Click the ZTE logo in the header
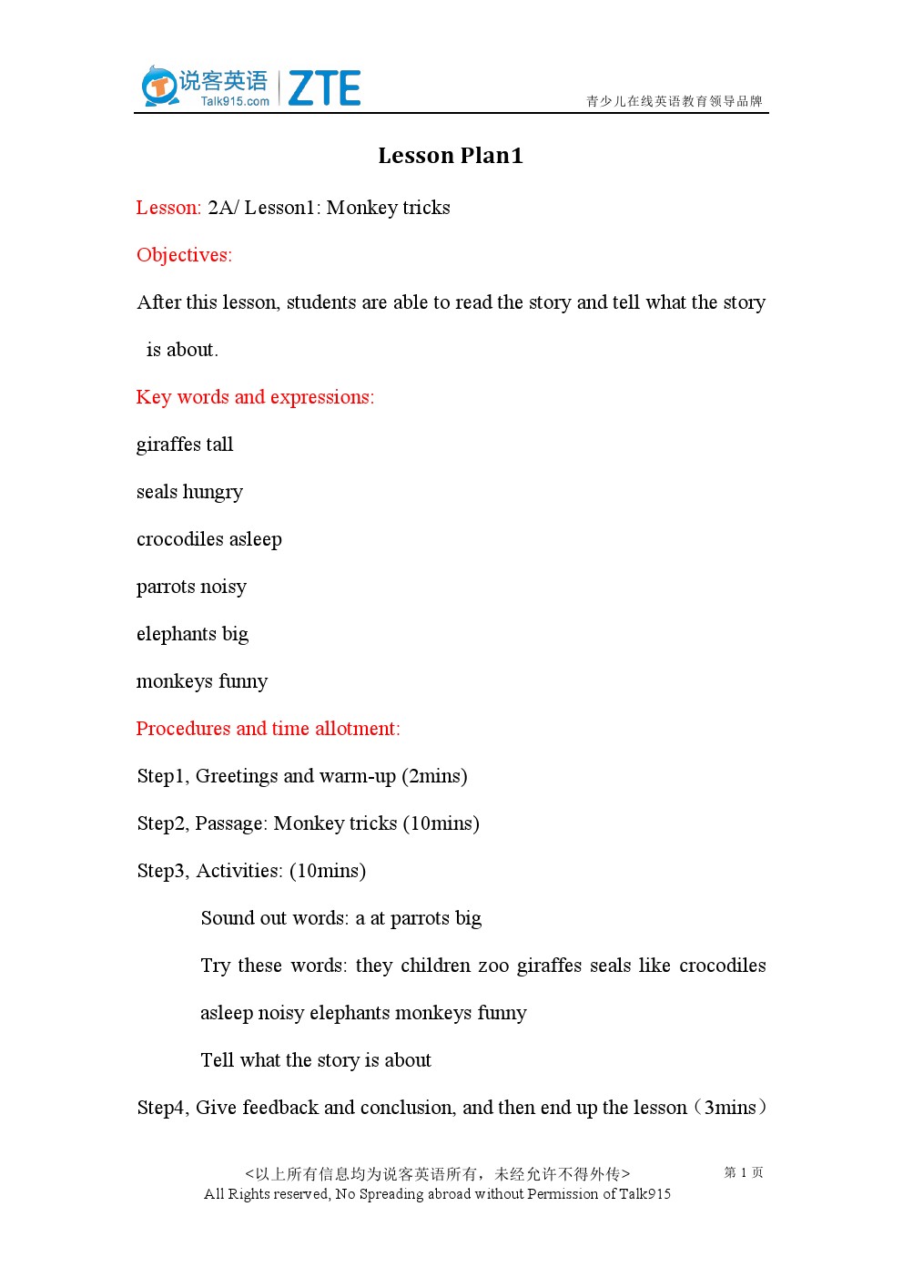coord(324,88)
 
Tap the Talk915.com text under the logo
coord(235,101)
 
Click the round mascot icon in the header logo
coord(159,87)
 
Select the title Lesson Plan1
coord(451,156)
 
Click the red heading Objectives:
coord(184,255)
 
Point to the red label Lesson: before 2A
coord(168,208)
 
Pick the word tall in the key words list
coord(219,445)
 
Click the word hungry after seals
coord(213,493)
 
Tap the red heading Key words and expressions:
coord(255,397)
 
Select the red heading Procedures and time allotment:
coord(268,729)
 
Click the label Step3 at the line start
coord(162,871)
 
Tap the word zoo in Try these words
coord(493,966)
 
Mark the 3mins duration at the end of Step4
coord(730,1108)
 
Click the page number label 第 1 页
coord(744,1172)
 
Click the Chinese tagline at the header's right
coord(674,101)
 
